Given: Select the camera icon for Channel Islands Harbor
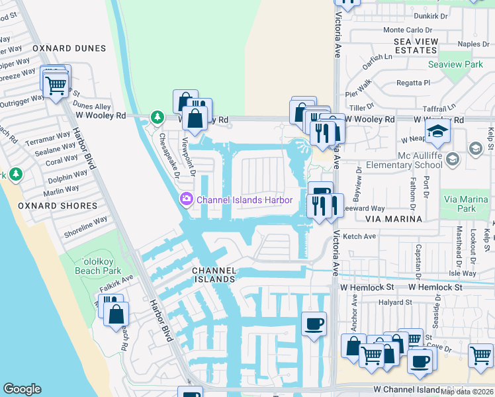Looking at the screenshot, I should click(187, 198).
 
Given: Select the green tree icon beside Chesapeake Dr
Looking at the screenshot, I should click(157, 118).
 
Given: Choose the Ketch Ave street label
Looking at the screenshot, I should click(359, 236).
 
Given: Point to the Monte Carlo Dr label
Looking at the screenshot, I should click(407, 30).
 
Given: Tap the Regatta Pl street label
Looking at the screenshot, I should click(408, 83).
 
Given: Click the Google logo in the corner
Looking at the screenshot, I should click(22, 389).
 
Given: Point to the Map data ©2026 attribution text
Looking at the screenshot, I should click(467, 392).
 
